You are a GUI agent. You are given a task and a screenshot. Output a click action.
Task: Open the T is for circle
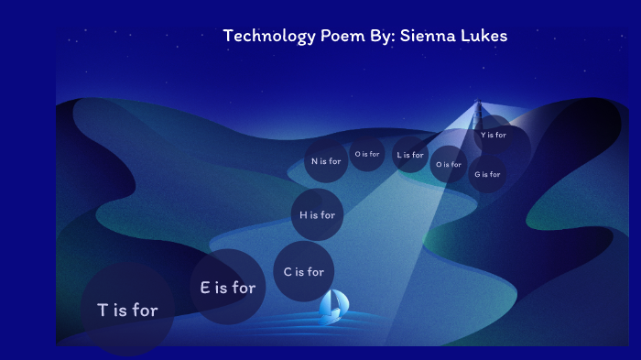click(x=127, y=310)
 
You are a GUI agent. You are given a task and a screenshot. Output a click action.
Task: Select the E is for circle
click(x=228, y=287)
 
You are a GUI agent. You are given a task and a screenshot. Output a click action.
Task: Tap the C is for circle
click(x=304, y=271)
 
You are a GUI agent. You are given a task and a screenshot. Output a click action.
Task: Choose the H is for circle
click(x=318, y=215)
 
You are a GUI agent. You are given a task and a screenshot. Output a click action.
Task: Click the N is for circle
click(x=326, y=161)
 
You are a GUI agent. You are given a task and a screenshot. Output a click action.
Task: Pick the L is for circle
click(x=410, y=155)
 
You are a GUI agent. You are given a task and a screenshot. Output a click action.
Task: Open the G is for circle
click(x=487, y=174)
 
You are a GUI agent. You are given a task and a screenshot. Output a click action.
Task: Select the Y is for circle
click(x=494, y=135)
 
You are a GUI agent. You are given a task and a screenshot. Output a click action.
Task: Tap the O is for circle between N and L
click(x=367, y=154)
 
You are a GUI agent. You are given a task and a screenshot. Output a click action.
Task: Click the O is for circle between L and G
click(x=449, y=164)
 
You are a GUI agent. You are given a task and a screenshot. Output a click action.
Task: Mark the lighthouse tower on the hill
click(x=476, y=115)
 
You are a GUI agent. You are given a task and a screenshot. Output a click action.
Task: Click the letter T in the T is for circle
click(x=103, y=310)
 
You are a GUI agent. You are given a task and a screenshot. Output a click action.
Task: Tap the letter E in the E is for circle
click(x=206, y=287)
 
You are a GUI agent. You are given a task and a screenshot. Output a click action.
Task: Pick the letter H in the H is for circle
click(x=303, y=215)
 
